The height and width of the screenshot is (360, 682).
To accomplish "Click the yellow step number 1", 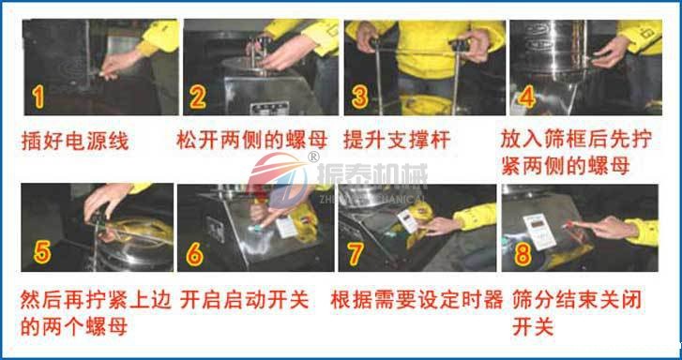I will tap(38, 96).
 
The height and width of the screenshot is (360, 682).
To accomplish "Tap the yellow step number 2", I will tap(198, 96).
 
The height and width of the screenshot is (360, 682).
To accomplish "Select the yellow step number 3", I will tap(359, 96).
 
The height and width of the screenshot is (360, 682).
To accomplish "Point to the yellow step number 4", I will tap(527, 96).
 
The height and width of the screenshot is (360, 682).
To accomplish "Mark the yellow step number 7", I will tap(354, 254).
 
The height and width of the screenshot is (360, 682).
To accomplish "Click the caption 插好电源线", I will tap(75, 142).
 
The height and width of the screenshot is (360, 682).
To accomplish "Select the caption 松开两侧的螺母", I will tap(251, 142).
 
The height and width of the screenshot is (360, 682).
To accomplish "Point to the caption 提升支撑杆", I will tap(397, 142).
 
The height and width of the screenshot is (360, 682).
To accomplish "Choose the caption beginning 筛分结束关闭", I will tap(572, 315).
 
